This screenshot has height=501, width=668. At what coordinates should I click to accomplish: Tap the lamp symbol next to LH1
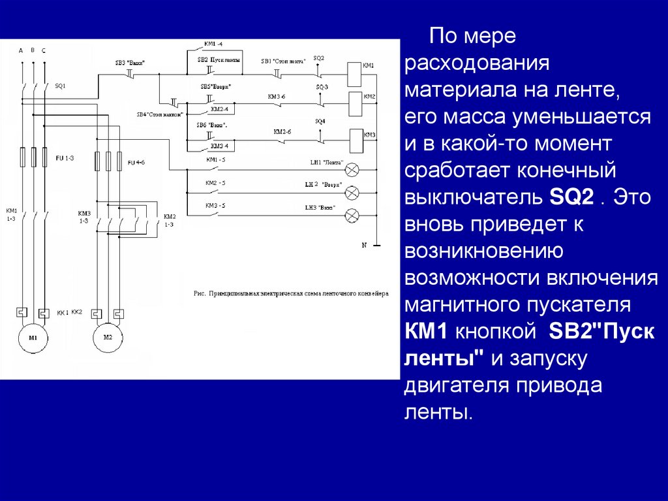point(352,170)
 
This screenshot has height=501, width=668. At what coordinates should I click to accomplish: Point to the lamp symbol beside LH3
point(352,214)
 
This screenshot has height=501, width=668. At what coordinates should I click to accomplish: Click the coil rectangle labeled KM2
point(356,101)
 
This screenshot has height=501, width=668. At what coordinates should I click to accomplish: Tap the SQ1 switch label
point(60,86)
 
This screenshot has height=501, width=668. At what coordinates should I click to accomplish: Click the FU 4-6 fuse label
point(136,162)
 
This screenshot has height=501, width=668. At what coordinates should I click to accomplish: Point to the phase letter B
point(32,50)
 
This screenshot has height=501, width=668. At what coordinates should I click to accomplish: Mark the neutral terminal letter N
point(365,245)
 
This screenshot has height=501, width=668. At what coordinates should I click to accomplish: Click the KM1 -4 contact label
point(213,44)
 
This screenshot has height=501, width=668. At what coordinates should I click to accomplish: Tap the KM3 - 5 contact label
point(215,206)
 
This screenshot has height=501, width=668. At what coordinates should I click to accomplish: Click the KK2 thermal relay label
point(76,312)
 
